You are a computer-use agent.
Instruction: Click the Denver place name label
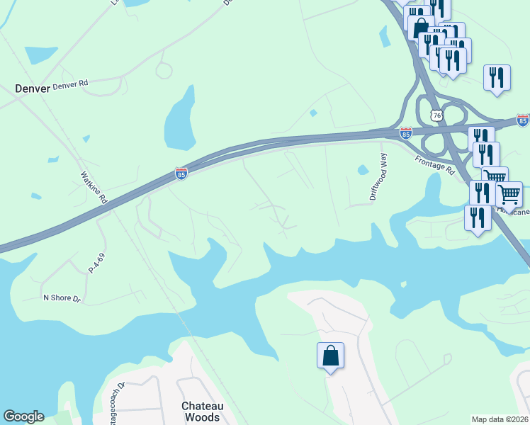pos(33,89)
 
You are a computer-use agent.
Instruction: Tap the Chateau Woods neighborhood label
pos(202,412)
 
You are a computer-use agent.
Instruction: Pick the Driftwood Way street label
pos(378,177)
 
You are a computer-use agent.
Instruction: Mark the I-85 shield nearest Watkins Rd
pos(181,174)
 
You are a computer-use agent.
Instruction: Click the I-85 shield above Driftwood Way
pos(405,132)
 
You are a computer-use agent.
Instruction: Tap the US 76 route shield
pos(438,115)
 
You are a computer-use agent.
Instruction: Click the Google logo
pos(23,416)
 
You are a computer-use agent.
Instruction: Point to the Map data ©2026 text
pos(500,419)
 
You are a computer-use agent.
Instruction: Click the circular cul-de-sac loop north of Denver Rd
pos(164,70)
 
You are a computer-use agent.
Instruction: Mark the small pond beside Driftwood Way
pos(363,170)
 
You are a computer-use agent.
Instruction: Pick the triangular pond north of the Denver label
pos(40,55)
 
